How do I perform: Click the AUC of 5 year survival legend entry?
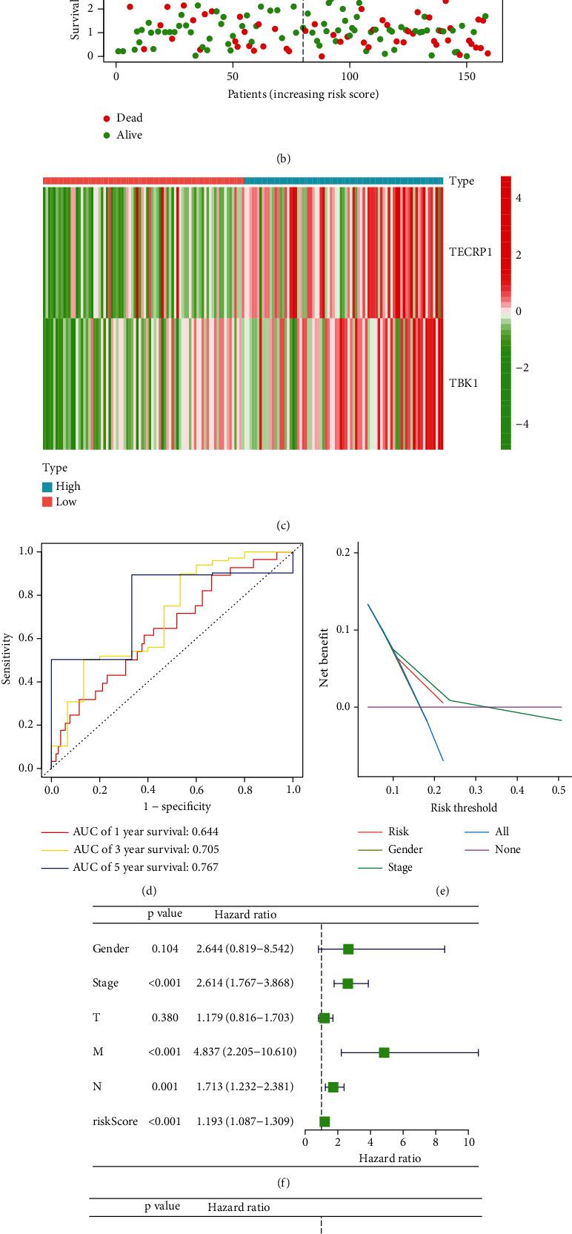pos(145,867)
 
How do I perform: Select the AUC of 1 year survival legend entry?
pos(145,832)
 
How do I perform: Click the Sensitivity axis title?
pos(8,658)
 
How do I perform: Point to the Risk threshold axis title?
pos(464,807)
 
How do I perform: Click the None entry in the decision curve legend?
pos(508,849)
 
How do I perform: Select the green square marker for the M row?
pos(384,1052)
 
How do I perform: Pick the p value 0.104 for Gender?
pos(164,949)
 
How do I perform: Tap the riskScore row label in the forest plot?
pos(115,1121)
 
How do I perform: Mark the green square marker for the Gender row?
pos(348,949)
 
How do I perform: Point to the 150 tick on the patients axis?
pos(466,76)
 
